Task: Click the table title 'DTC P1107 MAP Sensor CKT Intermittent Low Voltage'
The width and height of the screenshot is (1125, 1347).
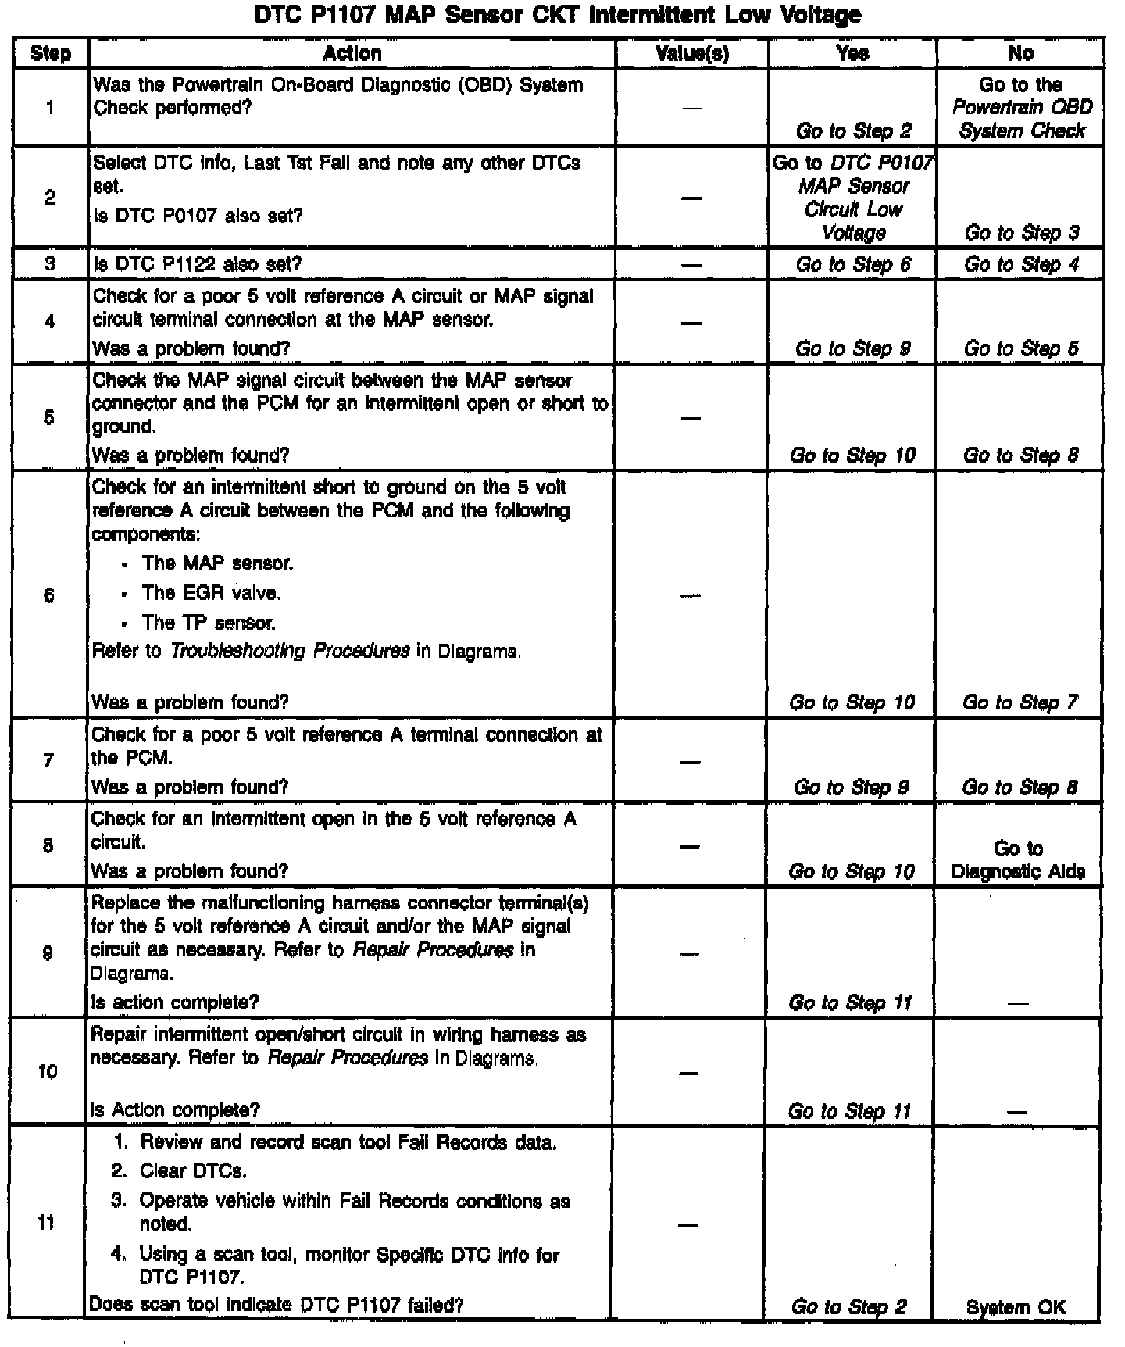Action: pos(558,15)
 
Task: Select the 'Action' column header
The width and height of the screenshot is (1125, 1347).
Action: pos(352,54)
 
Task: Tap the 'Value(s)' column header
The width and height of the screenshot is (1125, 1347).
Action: pos(692,54)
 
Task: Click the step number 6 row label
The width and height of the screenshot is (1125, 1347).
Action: pos(49,595)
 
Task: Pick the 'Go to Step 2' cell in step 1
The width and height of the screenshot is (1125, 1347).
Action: pos(853,130)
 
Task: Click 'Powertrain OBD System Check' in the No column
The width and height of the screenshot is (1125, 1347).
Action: pos(1021,119)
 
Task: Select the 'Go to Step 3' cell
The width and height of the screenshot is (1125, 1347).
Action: pos(1021,233)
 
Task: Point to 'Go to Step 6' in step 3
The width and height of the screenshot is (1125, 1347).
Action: pos(853,265)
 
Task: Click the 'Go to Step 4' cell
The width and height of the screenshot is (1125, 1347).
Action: pos(1021,265)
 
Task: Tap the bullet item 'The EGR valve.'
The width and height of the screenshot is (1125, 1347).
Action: pos(211,593)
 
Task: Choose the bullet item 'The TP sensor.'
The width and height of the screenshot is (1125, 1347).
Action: pos(208,623)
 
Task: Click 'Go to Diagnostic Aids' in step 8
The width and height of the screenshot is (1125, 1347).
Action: pos(1018,860)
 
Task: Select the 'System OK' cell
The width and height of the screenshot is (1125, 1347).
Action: pos(1016,1307)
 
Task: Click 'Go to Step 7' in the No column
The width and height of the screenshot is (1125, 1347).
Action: pos(1020,702)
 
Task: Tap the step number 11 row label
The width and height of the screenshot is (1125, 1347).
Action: pos(47,1222)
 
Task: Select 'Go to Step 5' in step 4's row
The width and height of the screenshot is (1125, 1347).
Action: pos(1020,348)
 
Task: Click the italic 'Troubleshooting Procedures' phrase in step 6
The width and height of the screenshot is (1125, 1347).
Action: pos(290,651)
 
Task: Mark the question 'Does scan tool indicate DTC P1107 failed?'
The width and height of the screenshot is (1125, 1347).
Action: pos(277,1305)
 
